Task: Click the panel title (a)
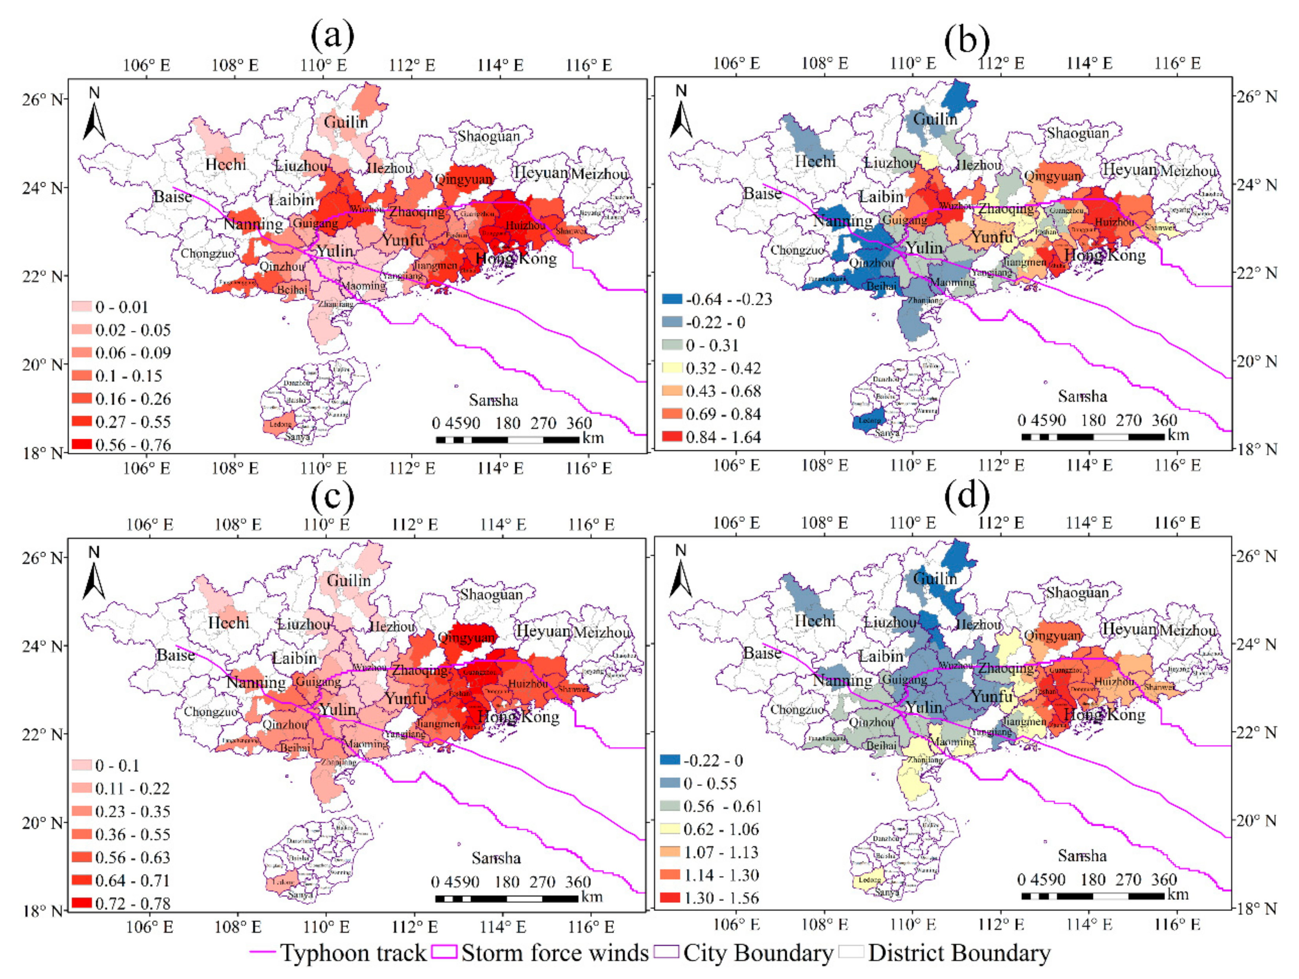tap(332, 35)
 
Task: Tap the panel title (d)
tap(967, 495)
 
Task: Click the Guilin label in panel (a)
tap(346, 122)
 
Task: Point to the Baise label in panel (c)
tap(176, 655)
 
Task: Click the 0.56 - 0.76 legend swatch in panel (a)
tap(82, 444)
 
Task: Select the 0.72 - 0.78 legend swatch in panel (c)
tap(82, 903)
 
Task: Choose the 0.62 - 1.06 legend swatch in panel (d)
tap(670, 828)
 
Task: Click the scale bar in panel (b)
tap(1092, 436)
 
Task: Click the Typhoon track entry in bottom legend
tap(338, 953)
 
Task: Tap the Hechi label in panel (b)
tap(815, 161)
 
